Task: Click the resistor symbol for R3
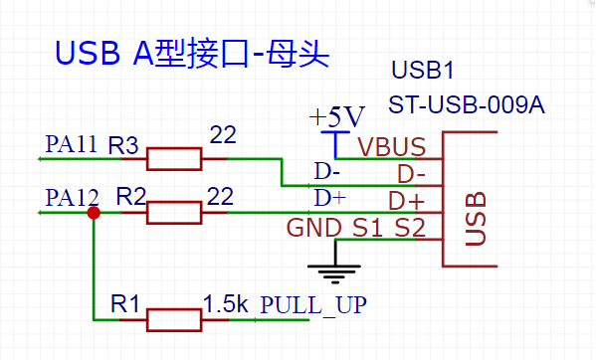(x=174, y=158)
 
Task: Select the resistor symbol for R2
(x=174, y=212)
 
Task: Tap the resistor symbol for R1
(x=174, y=319)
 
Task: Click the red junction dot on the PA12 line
(x=94, y=212)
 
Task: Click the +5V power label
(x=337, y=115)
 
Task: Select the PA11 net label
(x=71, y=144)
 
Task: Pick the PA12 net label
(x=71, y=197)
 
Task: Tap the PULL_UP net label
(x=312, y=304)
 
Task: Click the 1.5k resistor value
(x=225, y=303)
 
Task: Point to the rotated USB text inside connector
(x=475, y=218)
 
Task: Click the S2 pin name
(x=409, y=228)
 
